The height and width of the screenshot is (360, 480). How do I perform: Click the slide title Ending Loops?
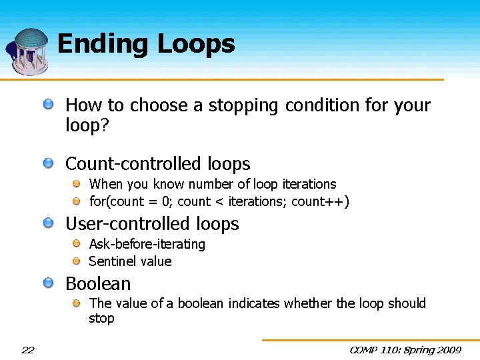tap(146, 44)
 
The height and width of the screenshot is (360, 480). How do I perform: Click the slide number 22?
tap(28, 350)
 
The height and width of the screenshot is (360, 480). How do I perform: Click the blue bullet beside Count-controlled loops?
tap(49, 163)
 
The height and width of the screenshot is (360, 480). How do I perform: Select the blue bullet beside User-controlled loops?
tap(49, 223)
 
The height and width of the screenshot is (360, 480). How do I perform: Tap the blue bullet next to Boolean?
tap(49, 283)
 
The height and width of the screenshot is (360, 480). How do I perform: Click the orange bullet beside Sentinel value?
tap(77, 261)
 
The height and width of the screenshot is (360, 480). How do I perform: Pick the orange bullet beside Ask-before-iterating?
tap(77, 243)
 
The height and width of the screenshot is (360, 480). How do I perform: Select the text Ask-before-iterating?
tap(147, 244)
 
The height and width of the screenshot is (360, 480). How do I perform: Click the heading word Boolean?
tap(98, 284)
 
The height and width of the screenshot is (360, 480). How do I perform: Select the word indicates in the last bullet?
tap(254, 303)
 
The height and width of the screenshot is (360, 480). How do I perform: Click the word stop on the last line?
tap(101, 319)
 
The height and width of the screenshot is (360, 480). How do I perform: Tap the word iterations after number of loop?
tap(309, 184)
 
